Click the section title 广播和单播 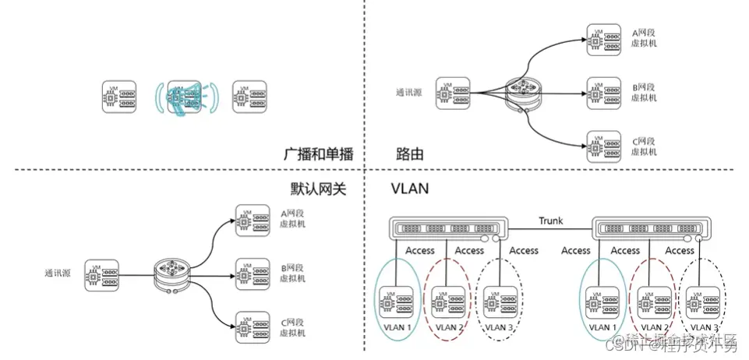point(319,154)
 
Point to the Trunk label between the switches point(550,221)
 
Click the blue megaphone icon point(186,97)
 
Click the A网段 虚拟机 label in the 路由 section point(644,39)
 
